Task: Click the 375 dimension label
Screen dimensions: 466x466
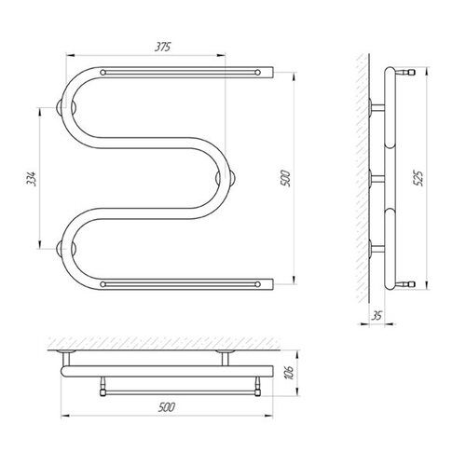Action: pyautogui.click(x=163, y=48)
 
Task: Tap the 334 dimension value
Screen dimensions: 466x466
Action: pyautogui.click(x=31, y=179)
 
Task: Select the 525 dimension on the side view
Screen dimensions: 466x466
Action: pyautogui.click(x=419, y=178)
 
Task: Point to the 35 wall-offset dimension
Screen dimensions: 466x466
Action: pyautogui.click(x=377, y=316)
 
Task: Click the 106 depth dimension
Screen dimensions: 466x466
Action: pyautogui.click(x=289, y=373)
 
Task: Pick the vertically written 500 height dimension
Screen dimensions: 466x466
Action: pyautogui.click(x=285, y=178)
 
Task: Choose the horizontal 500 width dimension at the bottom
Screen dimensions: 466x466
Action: pyautogui.click(x=167, y=407)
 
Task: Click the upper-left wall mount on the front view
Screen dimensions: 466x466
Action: pyautogui.click(x=66, y=108)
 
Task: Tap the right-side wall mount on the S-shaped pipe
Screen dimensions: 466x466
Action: pyautogui.click(x=226, y=179)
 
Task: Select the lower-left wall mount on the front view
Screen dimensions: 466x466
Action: pyautogui.click(x=66, y=249)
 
